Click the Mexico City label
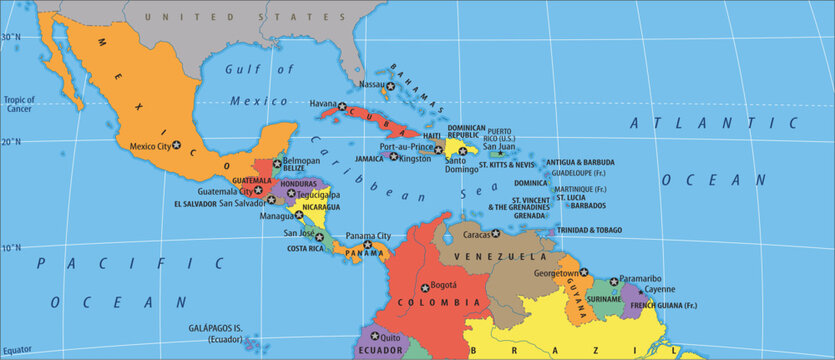click(150, 146)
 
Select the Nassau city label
click(372, 85)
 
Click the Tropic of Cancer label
click(20, 104)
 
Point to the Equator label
click(17, 349)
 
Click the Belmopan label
click(301, 160)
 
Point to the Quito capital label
click(391, 338)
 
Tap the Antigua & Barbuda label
click(580, 162)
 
